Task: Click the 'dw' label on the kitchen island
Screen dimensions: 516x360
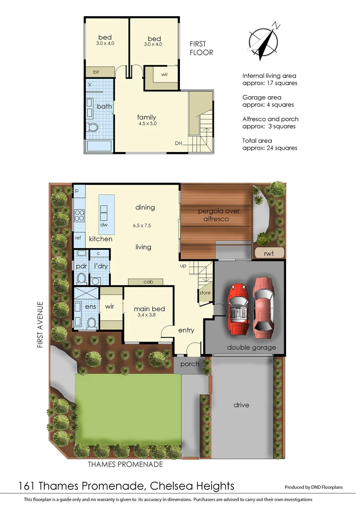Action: point(104,224)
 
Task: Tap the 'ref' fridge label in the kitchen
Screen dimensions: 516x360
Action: point(78,237)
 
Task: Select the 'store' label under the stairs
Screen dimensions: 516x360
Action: point(205,293)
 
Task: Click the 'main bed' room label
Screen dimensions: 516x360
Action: point(147,309)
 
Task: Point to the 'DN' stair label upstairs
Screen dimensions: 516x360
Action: point(178,143)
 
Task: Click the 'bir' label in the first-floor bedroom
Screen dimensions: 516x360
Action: point(96,72)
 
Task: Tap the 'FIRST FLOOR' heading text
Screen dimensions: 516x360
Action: point(201,48)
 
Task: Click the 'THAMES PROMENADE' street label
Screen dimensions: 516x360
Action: point(126,464)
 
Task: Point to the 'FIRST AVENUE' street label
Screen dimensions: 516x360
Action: point(41,325)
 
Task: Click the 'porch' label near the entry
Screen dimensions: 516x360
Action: point(190,364)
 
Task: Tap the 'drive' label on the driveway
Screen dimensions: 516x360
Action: point(242,405)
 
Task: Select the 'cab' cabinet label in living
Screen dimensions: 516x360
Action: point(148,282)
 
